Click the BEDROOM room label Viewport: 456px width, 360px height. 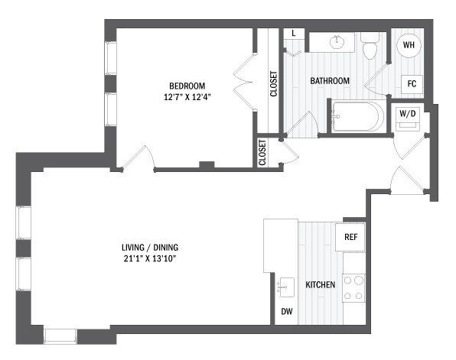(186, 86)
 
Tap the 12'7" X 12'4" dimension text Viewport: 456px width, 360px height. (186, 96)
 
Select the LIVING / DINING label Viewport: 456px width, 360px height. (154, 248)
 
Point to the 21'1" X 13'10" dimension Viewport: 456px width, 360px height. (154, 258)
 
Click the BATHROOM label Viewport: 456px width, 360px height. (329, 81)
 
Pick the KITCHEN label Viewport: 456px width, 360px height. (321, 285)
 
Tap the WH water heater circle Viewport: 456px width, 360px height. (409, 45)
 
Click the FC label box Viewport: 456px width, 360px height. (411, 83)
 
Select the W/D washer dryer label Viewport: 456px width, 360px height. (407, 114)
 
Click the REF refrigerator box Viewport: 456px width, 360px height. (351, 238)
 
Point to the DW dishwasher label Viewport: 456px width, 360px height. (286, 311)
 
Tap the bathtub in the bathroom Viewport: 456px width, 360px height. (357, 118)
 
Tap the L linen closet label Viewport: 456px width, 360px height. (295, 34)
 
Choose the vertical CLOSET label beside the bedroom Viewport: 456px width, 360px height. (273, 83)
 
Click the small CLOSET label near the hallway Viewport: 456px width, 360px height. (262, 152)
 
